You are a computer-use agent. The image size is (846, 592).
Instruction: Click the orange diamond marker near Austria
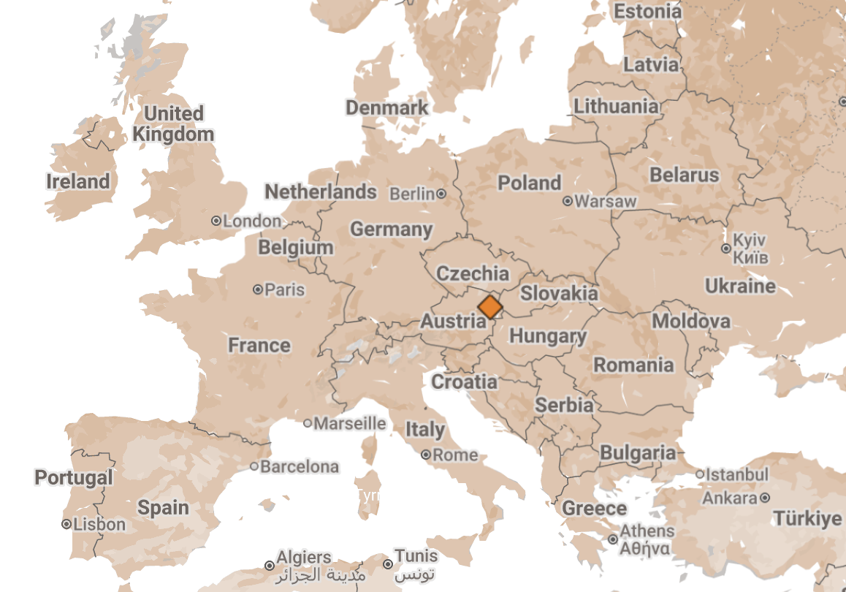coord(489,306)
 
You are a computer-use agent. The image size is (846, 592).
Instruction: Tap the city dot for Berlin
coord(441,194)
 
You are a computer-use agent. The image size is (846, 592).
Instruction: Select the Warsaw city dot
coord(568,201)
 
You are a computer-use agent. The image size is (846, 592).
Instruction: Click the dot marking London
coord(216,221)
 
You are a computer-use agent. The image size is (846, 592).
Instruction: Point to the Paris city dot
coord(258,290)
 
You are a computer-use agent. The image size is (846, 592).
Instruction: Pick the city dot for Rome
coord(426,455)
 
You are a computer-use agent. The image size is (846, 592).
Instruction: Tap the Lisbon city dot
coord(66,524)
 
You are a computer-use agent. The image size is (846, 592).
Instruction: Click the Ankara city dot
coord(764,498)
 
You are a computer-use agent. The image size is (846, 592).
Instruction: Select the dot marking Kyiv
coord(725,248)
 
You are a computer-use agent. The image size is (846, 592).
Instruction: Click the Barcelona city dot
coord(254,466)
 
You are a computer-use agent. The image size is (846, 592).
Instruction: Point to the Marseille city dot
coord(308,423)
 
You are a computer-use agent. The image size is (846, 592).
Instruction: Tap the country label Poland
coord(530,183)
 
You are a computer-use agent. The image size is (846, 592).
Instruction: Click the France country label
coord(259,345)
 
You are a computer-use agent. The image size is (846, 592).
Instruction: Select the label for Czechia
coord(473,273)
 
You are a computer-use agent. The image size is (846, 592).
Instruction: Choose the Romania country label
coord(633,365)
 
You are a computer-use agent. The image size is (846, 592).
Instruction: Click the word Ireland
coord(78,181)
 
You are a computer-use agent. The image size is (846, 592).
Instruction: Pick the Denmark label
coord(387,108)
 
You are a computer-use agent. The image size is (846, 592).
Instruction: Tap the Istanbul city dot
coord(700,474)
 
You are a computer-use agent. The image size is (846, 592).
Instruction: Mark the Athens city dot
coord(613,539)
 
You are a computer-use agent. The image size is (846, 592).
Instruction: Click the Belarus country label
coord(685,175)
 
